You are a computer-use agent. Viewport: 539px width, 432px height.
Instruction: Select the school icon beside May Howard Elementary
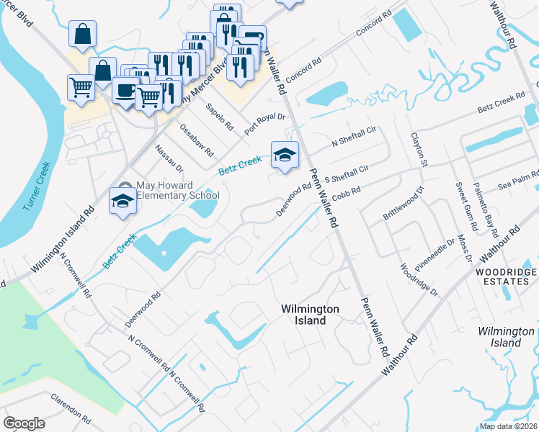(122, 201)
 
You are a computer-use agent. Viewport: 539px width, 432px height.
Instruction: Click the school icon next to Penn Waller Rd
(285, 155)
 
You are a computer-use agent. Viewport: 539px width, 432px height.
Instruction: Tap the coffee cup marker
(125, 91)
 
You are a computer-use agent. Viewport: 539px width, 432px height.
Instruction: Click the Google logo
(24, 423)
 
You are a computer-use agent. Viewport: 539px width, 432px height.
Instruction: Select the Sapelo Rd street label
(220, 117)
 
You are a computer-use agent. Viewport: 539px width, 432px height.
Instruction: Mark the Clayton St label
(419, 149)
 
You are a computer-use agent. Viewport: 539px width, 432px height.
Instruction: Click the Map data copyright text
(509, 426)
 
